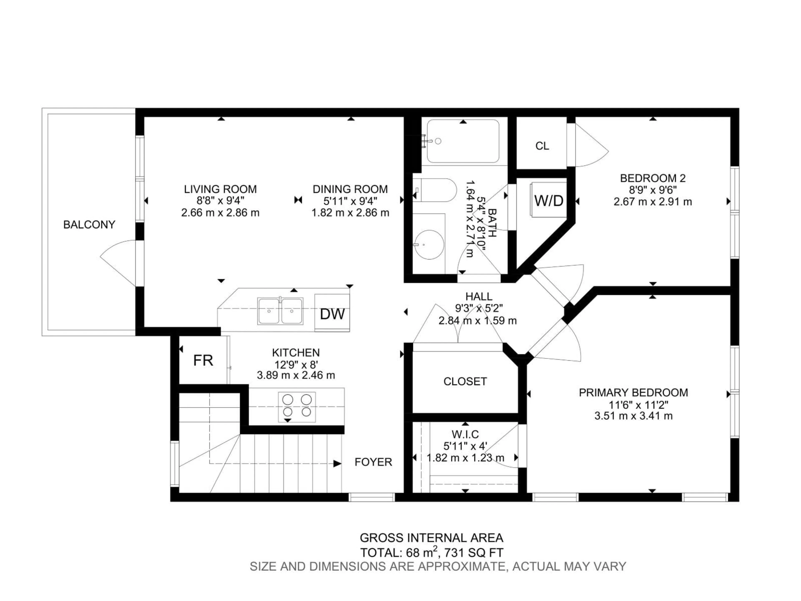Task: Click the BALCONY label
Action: pos(89,225)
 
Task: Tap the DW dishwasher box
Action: pos(332,314)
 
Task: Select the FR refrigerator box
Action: pos(203,360)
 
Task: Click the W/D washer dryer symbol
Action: pos(549,200)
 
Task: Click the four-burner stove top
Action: pos(297,407)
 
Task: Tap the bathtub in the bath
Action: pos(463,141)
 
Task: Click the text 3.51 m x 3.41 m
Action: pos(633,416)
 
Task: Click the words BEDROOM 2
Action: pos(652,178)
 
